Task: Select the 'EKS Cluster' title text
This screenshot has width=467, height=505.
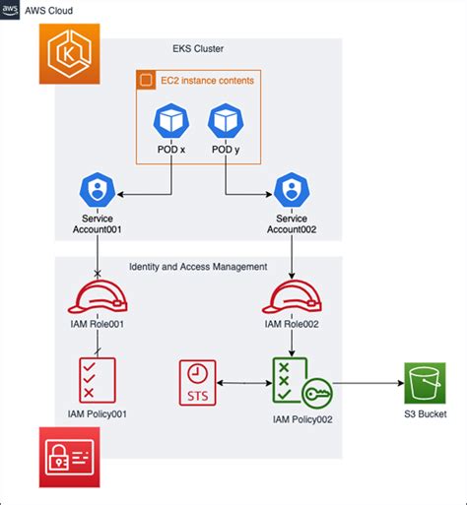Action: (198, 49)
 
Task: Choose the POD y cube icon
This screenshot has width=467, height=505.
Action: (226, 123)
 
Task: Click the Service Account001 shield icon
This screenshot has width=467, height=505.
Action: (97, 189)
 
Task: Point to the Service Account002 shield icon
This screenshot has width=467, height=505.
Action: (292, 189)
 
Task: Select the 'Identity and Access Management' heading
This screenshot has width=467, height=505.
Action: (198, 267)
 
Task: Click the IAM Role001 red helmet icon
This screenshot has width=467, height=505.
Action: (97, 296)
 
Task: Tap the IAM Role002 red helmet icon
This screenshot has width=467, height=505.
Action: (292, 296)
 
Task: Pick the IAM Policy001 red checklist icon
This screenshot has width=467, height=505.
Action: (97, 379)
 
